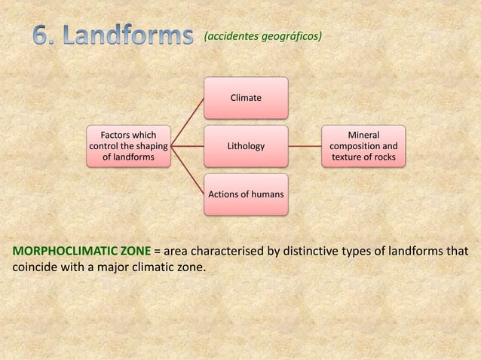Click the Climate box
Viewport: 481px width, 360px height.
click(x=246, y=98)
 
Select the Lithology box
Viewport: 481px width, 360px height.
click(x=246, y=146)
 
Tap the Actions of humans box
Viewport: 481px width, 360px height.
click(x=246, y=194)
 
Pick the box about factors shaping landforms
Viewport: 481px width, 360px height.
click(x=129, y=146)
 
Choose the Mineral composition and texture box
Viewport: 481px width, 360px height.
click(x=363, y=146)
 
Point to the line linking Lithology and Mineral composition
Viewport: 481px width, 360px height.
click(x=305, y=146)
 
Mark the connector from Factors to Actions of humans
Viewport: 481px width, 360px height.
click(x=187, y=171)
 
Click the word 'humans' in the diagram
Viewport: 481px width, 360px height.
click(x=265, y=194)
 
